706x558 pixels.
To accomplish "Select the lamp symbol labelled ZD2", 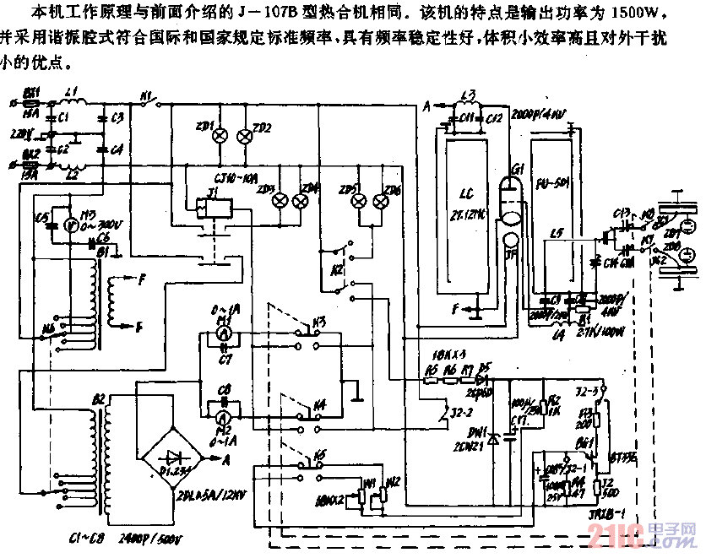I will (x=246, y=135).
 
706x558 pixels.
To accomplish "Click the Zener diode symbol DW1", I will (x=494, y=438).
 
